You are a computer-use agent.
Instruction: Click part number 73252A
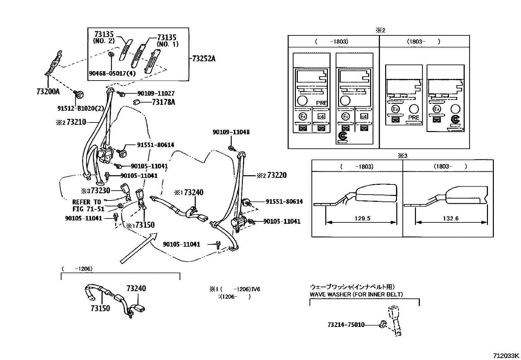coord(204,59)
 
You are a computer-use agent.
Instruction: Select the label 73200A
coord(48,92)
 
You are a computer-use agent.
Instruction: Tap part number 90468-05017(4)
coord(112,73)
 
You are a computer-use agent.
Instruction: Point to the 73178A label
coord(163,102)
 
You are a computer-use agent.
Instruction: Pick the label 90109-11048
coord(231,132)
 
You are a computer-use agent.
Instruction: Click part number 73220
coord(277,175)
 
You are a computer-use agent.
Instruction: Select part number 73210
coord(76,122)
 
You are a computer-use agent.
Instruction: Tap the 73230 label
coord(100,190)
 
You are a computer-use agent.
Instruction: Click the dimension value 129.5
coord(362,218)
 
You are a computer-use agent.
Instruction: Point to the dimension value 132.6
coord(451,218)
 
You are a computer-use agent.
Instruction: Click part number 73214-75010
coord(346,325)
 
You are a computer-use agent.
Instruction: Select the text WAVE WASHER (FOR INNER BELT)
coord(356,294)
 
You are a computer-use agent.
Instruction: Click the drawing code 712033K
coord(506,355)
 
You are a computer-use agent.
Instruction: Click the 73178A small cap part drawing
coord(137,102)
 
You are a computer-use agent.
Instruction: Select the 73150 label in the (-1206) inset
coord(100,308)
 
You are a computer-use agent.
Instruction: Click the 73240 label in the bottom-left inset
coord(136,288)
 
